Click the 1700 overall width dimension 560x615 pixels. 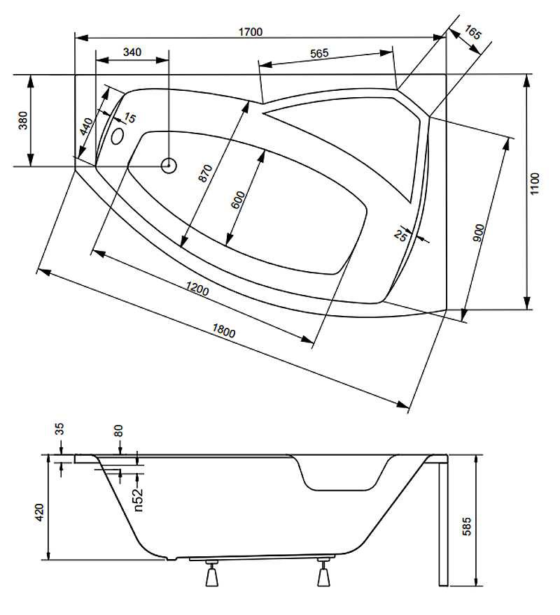[x=251, y=31]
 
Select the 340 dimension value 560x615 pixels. [x=132, y=52]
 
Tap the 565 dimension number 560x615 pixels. [x=319, y=53]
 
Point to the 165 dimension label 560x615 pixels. [x=472, y=33]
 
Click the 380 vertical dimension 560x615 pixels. [x=24, y=120]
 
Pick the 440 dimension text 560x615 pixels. [x=87, y=126]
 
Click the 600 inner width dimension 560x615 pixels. [x=238, y=200]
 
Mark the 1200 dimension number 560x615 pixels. [x=197, y=289]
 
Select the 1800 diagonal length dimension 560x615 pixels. [x=223, y=331]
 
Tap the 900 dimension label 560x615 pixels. [x=479, y=233]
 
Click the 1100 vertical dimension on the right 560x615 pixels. [x=535, y=184]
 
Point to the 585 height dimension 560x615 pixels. [x=466, y=527]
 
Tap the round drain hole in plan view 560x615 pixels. [x=169, y=166]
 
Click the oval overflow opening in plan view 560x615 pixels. [x=118, y=136]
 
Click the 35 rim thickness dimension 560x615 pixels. [x=59, y=429]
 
